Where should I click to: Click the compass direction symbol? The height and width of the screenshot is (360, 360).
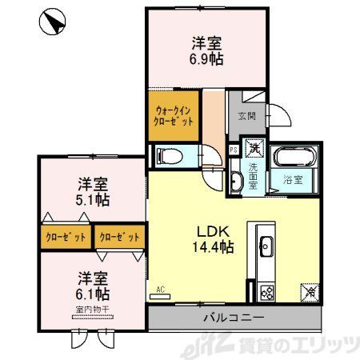tap(52, 22)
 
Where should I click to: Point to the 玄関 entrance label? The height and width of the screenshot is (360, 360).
tap(246, 115)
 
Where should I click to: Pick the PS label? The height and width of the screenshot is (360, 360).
tap(233, 149)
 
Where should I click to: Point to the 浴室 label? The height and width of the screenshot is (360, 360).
tap(292, 180)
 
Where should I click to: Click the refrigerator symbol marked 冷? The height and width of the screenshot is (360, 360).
tap(309, 294)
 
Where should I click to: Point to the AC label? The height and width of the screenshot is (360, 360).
tap(160, 289)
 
